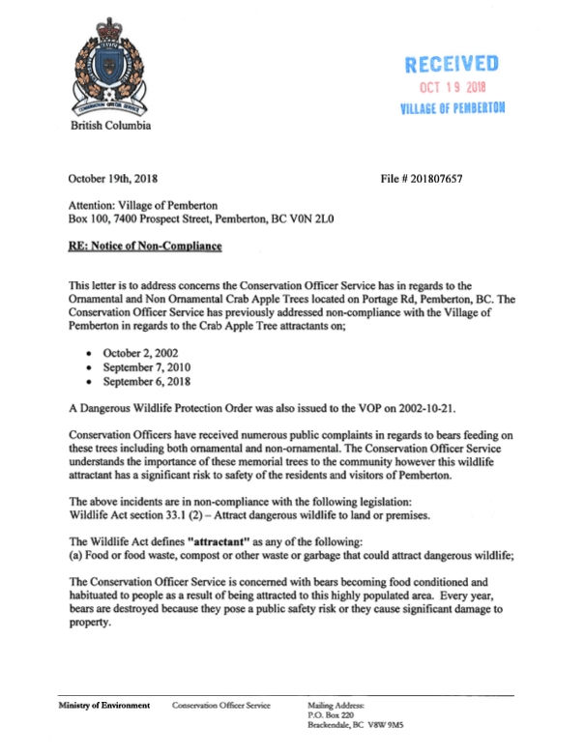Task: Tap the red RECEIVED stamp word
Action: [x=452, y=66]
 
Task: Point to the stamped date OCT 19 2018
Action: [x=452, y=89]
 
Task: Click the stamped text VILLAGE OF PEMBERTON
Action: [x=452, y=107]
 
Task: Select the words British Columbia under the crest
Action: [x=109, y=126]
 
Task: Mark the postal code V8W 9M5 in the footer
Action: [x=411, y=724]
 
